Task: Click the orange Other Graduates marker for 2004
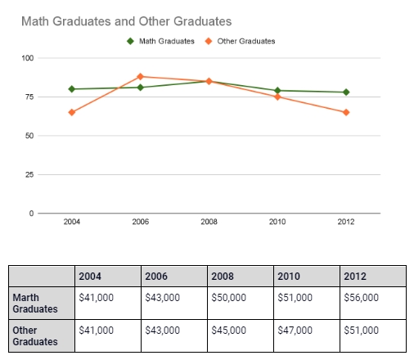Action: tap(72, 112)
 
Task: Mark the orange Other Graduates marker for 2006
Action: tap(140, 77)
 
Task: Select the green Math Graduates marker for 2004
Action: tap(72, 89)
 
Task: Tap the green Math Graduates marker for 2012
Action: tap(346, 92)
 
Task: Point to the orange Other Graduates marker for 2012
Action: tap(346, 112)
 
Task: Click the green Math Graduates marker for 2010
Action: tap(277, 91)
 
